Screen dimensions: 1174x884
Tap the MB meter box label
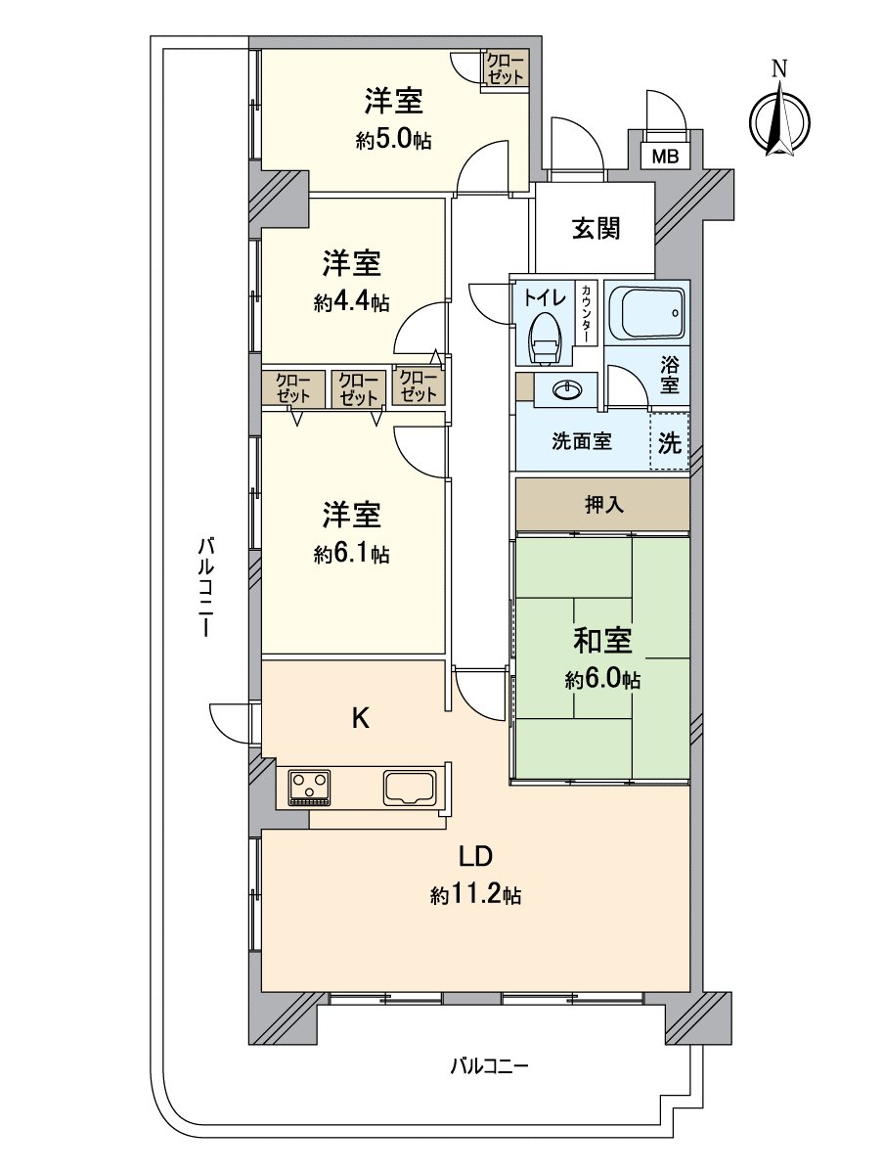point(665,156)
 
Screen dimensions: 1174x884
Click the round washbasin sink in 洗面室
point(565,390)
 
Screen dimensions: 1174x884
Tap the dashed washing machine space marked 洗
point(670,441)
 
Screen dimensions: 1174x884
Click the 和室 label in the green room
point(602,642)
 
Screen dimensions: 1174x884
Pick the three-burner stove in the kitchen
point(310,786)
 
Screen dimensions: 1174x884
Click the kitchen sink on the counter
point(413,786)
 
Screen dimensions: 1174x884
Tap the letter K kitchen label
point(360,719)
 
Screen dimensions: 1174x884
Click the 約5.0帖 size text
point(393,140)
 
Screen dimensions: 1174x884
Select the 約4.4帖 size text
point(352,302)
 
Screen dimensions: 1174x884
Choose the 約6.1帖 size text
point(352,554)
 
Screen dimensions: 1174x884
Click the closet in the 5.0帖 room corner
point(506,69)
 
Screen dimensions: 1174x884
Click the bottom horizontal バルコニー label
point(489,1065)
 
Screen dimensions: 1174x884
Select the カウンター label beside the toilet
point(585,312)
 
